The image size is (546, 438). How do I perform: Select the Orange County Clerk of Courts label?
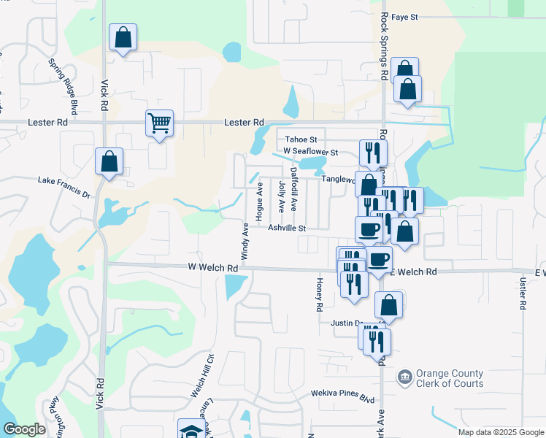[x=449, y=378]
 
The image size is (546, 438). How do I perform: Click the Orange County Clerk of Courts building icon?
[x=404, y=377]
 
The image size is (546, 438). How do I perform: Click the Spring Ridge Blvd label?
[x=64, y=87]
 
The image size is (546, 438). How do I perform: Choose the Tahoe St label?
[x=301, y=139]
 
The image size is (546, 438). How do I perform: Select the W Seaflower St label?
[x=311, y=152]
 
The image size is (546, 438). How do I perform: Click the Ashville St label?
[x=286, y=228]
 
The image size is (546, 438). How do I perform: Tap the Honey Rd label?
[x=319, y=294]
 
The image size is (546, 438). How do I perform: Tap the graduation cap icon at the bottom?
[x=191, y=430]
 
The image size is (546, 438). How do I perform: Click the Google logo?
[x=24, y=430]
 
